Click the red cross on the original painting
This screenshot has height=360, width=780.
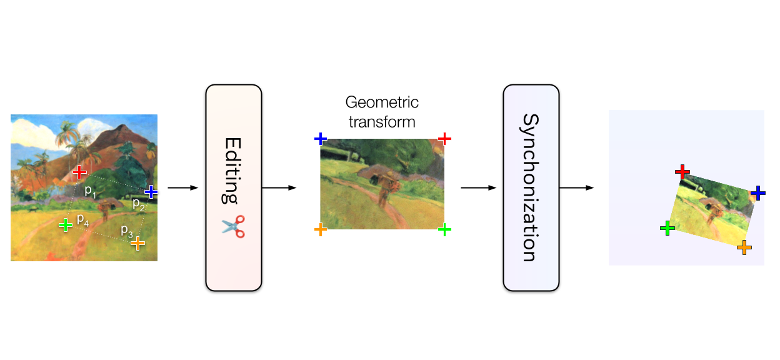(79, 172)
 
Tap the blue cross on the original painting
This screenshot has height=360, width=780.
(151, 191)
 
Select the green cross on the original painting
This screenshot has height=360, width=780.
(65, 224)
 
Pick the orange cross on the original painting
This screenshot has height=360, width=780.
(137, 244)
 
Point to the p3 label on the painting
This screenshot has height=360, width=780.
(126, 229)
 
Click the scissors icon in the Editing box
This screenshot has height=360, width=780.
(233, 225)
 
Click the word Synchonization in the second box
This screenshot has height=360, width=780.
(531, 187)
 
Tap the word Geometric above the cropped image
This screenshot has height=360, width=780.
(382, 102)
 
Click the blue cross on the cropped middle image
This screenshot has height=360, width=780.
(320, 138)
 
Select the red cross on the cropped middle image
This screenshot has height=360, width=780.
(444, 138)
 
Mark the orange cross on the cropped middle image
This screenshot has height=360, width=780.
(320, 229)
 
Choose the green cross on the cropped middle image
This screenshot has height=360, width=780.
(444, 229)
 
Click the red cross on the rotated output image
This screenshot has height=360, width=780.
(682, 171)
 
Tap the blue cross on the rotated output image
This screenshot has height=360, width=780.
(758, 192)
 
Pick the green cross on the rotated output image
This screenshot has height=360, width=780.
(667, 228)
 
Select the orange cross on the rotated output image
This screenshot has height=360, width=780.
(744, 247)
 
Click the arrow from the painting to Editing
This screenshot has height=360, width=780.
(182, 187)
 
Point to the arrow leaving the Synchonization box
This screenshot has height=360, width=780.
(576, 187)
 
